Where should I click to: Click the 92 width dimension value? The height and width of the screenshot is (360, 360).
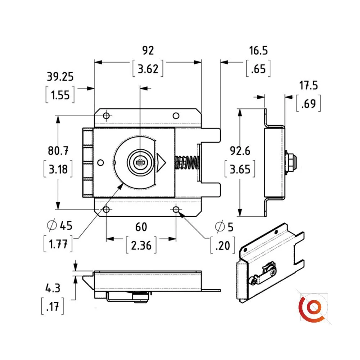pos(148,50)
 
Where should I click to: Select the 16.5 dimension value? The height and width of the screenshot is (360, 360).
pos(258,50)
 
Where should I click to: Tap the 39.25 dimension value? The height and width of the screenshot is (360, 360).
pos(60,76)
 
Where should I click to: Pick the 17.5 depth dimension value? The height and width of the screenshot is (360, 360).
pos(308,86)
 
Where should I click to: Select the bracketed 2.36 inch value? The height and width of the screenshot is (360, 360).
pos(141,246)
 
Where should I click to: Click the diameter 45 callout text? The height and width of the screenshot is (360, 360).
pos(60,226)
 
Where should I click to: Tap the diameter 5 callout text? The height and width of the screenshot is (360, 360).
pos(224,227)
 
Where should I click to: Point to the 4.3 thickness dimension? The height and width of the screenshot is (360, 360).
pos(53,288)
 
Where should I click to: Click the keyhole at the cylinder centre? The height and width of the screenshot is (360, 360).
pos(139,162)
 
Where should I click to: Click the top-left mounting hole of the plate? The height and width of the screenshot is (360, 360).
pos(106,116)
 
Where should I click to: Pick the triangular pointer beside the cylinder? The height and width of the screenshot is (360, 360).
pos(161,162)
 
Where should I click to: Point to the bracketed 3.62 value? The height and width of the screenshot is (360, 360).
pos(148,68)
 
